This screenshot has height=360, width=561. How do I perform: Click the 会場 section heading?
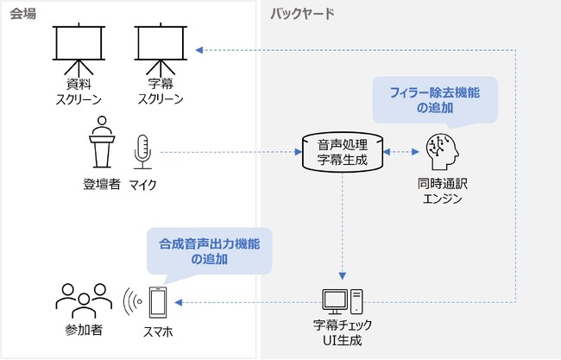click(23, 13)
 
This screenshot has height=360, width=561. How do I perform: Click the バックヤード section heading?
click(302, 13)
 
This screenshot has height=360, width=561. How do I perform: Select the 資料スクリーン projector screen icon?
click(79, 48)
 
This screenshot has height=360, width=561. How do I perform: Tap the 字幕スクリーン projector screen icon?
click(161, 48)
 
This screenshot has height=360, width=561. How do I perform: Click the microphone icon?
click(142, 152)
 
